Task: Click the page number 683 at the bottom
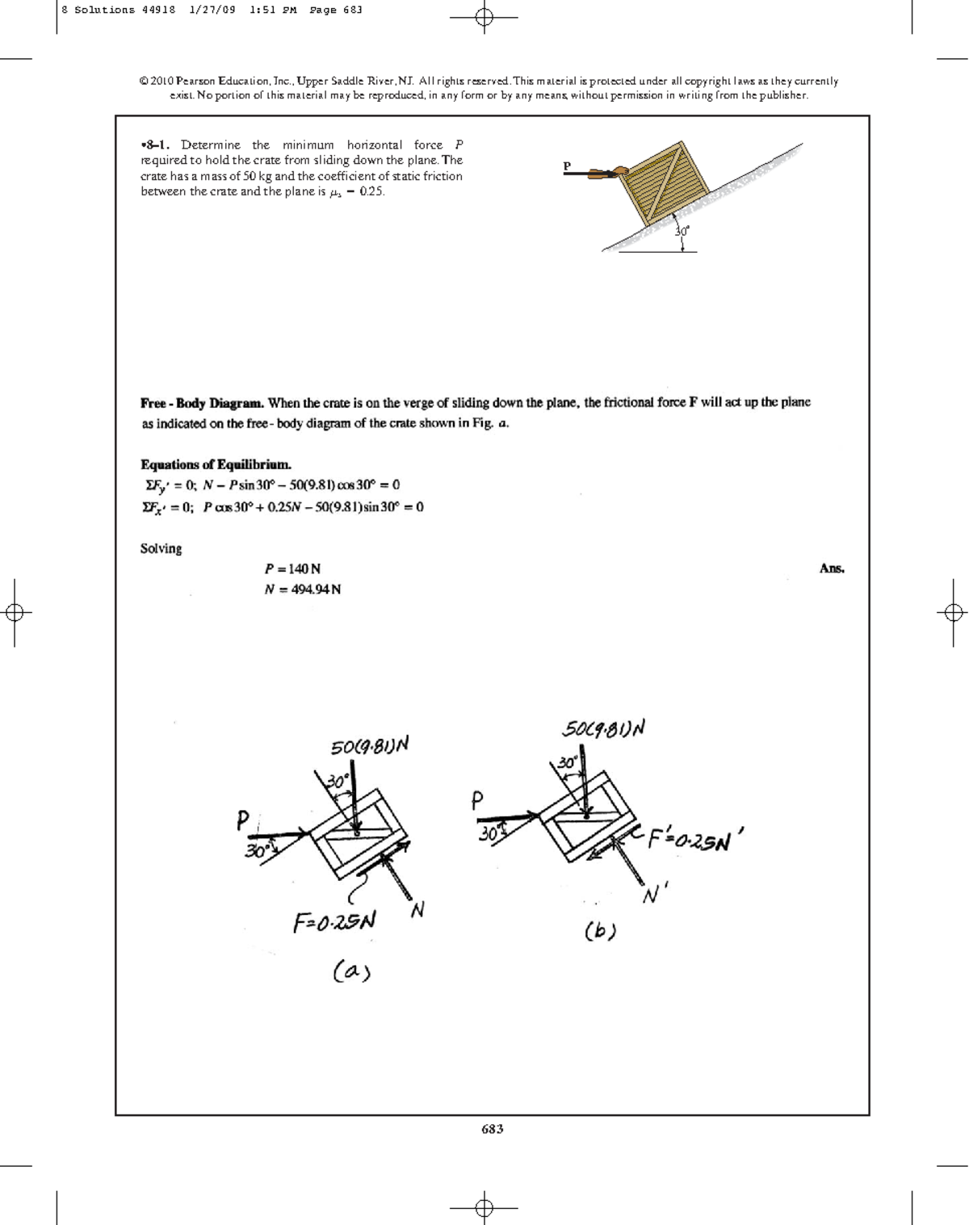492,1129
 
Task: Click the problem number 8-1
155,145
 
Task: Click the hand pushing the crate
619,171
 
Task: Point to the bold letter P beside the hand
567,166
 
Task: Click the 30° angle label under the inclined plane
682,231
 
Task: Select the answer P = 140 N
292,568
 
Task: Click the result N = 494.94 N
303,589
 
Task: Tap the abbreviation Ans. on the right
832,568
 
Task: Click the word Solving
161,548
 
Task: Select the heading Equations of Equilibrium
216,464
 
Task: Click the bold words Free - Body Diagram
202,402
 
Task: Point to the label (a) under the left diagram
351,971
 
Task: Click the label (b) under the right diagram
600,931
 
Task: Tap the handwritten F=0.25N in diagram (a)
334,921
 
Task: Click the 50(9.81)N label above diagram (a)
370,745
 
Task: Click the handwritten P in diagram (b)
476,799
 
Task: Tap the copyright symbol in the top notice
144,82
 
